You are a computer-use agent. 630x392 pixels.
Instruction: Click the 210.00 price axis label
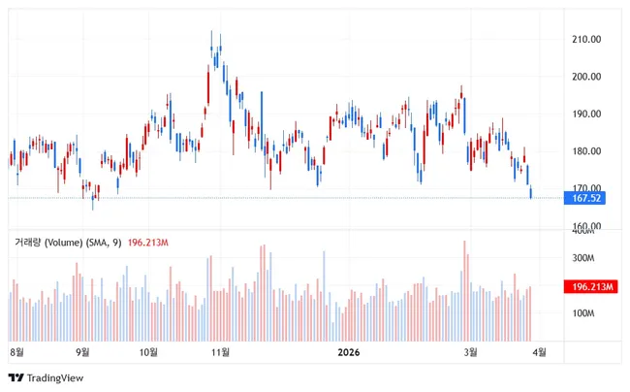point(588,40)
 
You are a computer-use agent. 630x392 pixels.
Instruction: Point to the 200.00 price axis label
point(588,77)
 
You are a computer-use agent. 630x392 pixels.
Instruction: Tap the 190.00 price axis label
point(588,114)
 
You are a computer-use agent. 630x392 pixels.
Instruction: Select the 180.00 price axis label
point(588,151)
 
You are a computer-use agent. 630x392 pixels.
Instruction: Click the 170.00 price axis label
point(588,188)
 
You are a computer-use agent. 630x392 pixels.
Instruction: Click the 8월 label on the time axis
point(16,352)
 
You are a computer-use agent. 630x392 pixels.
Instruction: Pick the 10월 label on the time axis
point(149,352)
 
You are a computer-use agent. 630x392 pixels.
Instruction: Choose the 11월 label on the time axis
point(220,352)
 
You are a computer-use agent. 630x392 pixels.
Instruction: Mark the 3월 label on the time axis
point(472,352)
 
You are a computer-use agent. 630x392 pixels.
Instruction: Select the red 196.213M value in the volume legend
point(148,242)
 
